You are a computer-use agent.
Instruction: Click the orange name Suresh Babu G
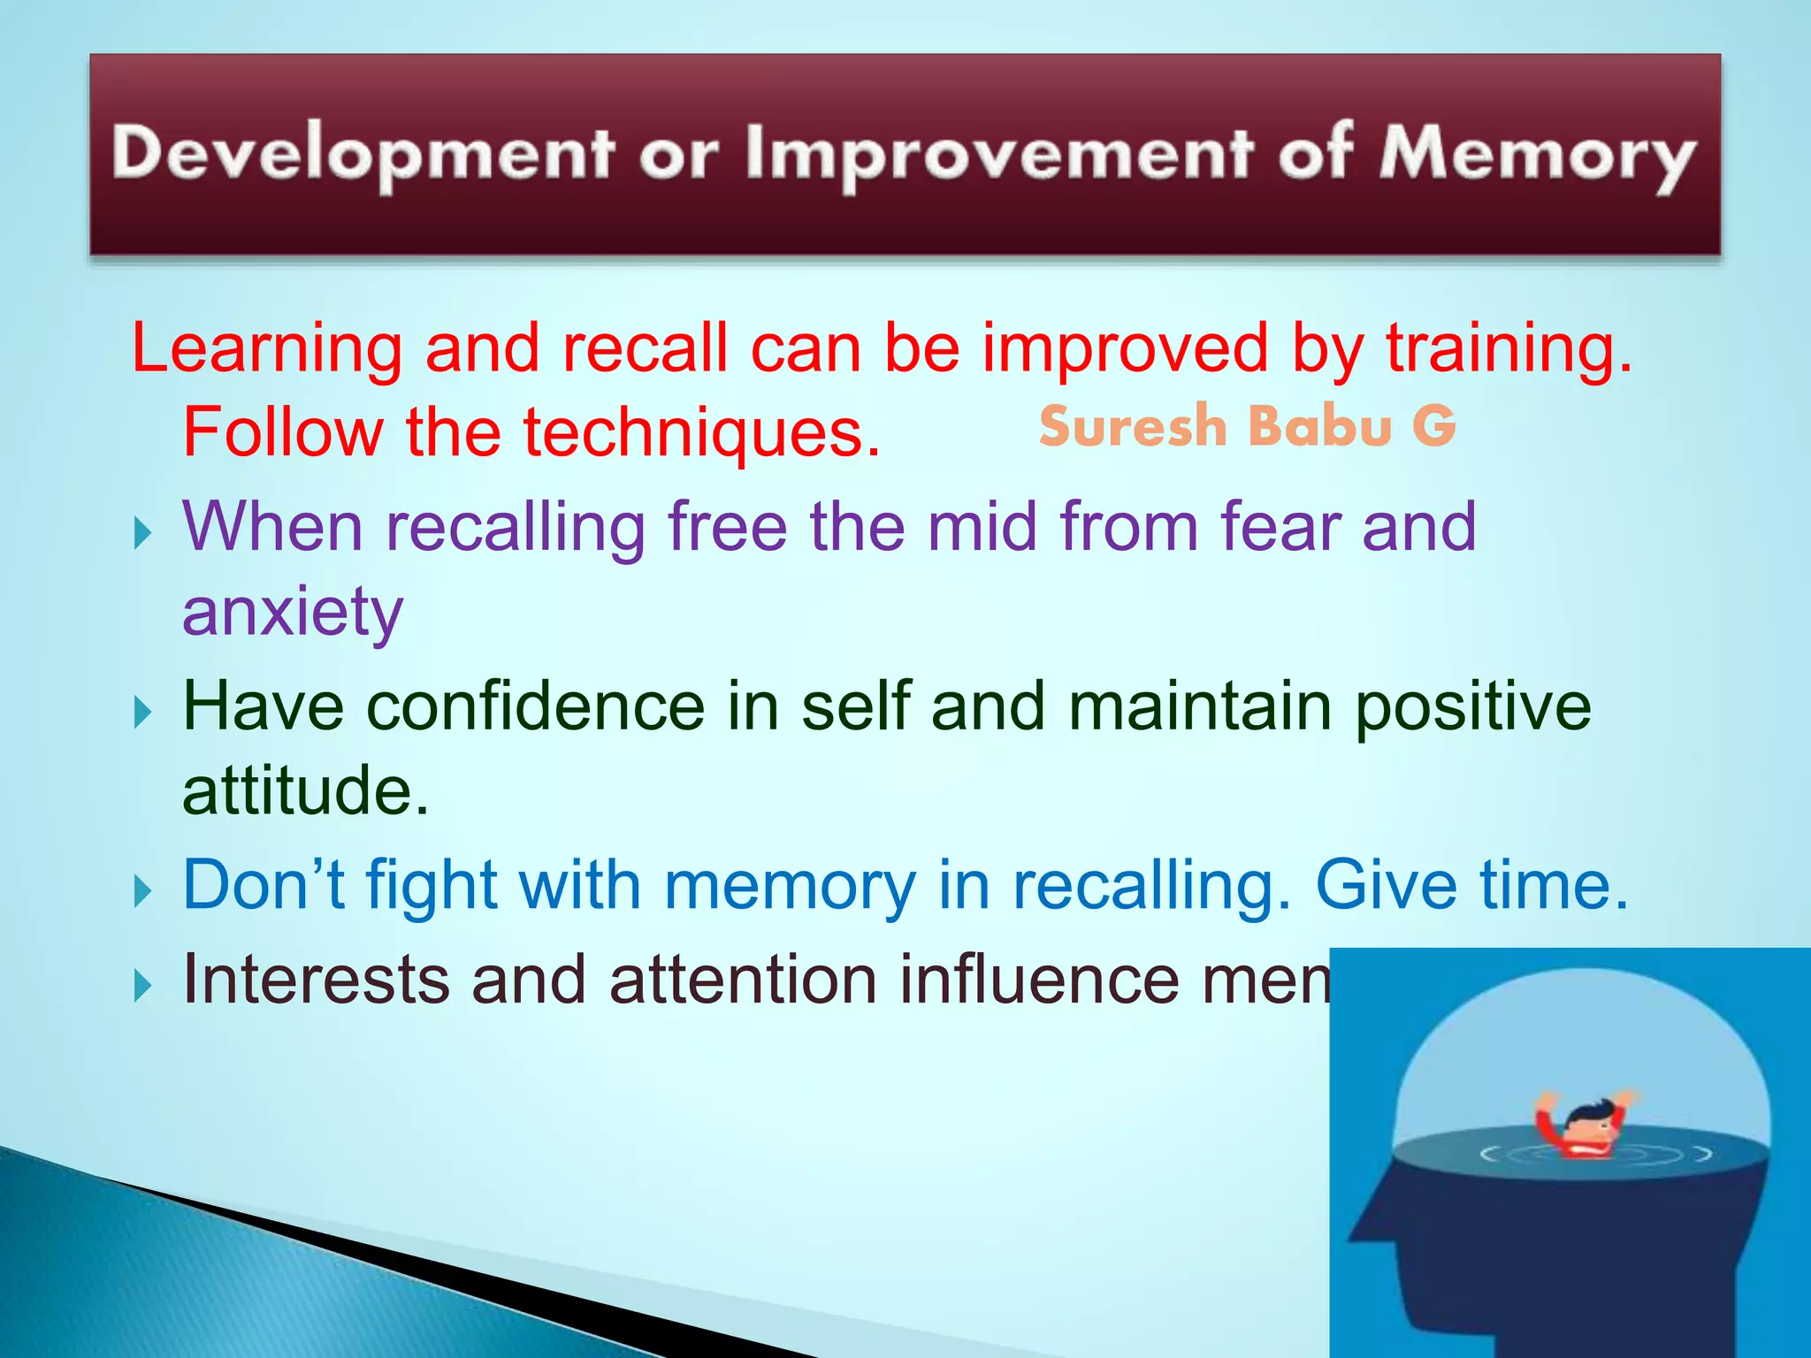(x=1247, y=426)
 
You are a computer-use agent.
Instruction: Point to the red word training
(x=1509, y=348)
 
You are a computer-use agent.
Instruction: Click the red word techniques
(x=703, y=433)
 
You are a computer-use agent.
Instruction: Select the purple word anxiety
(x=293, y=612)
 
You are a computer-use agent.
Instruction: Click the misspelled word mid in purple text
(x=982, y=527)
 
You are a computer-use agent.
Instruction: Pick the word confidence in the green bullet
(x=535, y=706)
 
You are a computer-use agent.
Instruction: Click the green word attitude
(x=305, y=790)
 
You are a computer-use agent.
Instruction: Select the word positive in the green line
(x=1472, y=706)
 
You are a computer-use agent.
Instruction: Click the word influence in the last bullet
(x=1039, y=980)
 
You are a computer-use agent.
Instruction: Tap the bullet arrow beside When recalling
(x=143, y=533)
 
